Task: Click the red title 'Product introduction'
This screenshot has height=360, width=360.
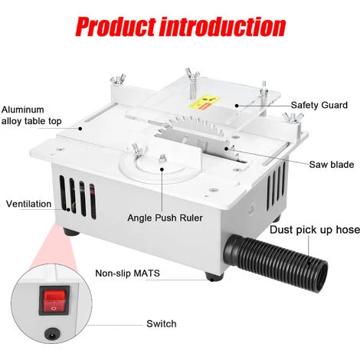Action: (180, 27)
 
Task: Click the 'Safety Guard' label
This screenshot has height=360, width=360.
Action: (319, 105)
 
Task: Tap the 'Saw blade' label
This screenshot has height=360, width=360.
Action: (332, 165)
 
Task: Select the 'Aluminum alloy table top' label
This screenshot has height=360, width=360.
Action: (31, 115)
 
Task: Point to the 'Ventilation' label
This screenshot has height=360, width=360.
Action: (28, 204)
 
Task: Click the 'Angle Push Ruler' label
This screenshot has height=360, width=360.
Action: (165, 218)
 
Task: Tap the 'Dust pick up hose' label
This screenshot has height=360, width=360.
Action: (315, 230)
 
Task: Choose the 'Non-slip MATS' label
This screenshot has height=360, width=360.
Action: (127, 273)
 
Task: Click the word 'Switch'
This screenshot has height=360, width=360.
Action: (162, 324)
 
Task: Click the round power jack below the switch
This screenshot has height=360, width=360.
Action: (52, 334)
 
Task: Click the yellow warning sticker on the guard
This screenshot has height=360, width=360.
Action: (205, 103)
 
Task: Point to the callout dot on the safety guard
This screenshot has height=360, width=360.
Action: (237, 106)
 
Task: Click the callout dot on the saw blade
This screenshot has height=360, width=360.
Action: (226, 149)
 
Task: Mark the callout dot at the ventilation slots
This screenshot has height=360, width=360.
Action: (68, 209)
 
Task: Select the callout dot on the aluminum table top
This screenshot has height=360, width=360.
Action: (80, 129)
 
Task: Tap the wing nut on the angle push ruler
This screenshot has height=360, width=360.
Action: (136, 150)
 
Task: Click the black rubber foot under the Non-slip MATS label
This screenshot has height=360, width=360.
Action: (214, 277)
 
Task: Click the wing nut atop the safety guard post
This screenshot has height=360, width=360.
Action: (192, 74)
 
